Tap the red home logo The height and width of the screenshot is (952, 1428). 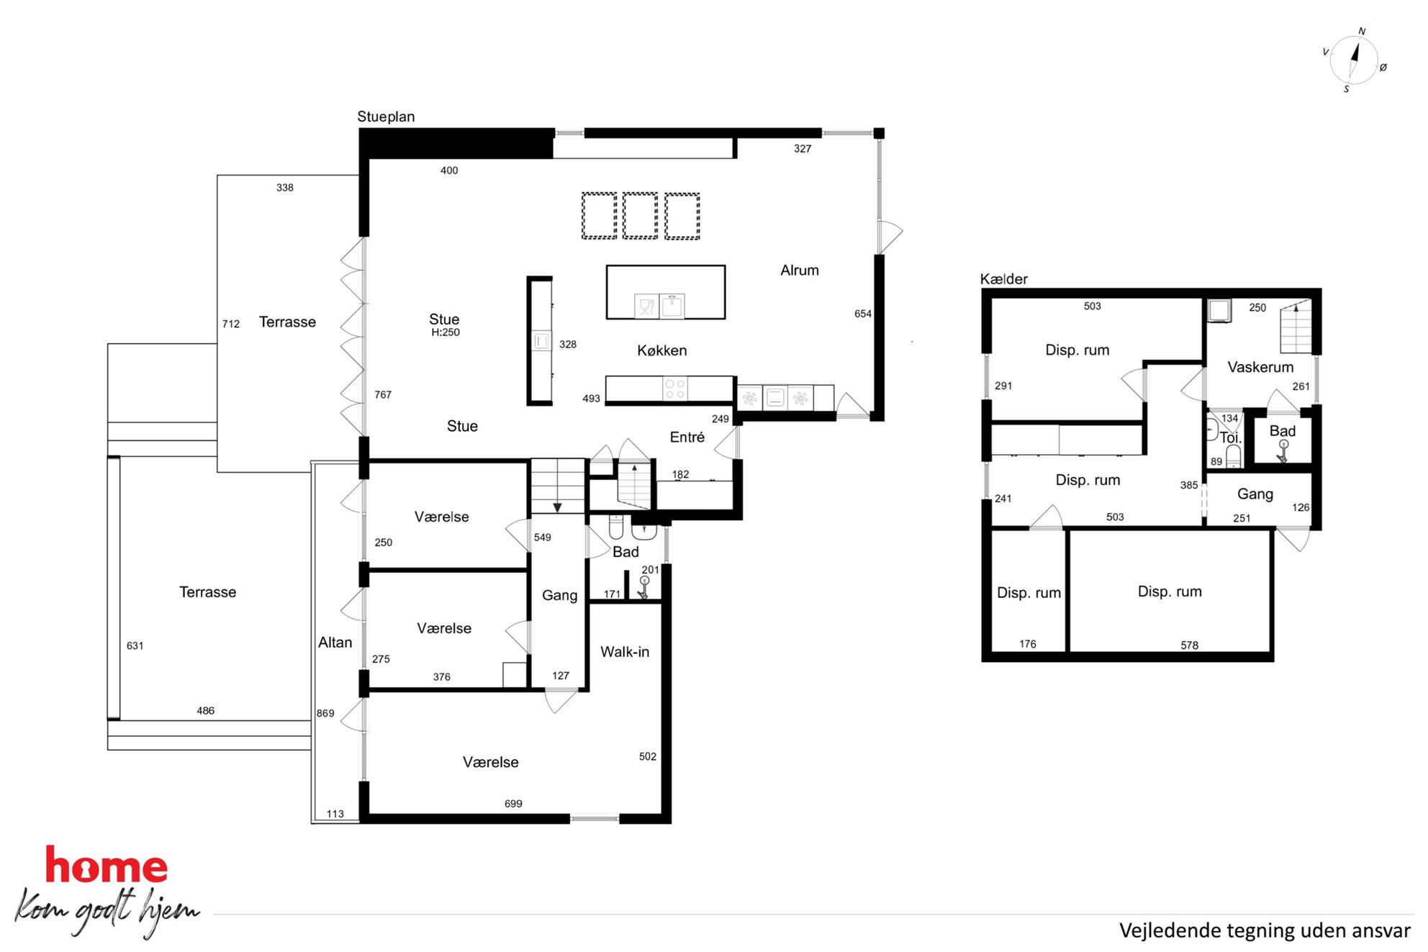point(107,865)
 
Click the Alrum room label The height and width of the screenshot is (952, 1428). point(800,271)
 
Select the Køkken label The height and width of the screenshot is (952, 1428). point(662,350)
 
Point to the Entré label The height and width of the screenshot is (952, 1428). point(687,438)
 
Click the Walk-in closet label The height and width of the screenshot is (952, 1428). point(625,652)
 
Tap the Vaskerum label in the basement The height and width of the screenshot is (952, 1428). point(1260,368)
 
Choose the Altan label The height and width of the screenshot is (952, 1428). point(335,643)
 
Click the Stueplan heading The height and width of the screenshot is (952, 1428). point(386,117)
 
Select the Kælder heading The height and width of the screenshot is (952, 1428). point(1003,279)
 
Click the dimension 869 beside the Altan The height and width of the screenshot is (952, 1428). point(325,714)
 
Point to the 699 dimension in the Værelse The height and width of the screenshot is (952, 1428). point(513,804)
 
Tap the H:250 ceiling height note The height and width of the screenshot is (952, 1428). point(446,332)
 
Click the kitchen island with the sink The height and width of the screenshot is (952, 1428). point(666,292)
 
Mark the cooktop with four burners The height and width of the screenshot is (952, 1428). point(675,389)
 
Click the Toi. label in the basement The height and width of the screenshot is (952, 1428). point(1230,438)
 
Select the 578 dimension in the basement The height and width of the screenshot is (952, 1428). point(1190,645)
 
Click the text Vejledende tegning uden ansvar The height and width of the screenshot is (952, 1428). point(1265,930)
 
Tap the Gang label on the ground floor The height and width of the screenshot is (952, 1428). point(560,596)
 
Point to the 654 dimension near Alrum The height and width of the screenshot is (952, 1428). point(863,314)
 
